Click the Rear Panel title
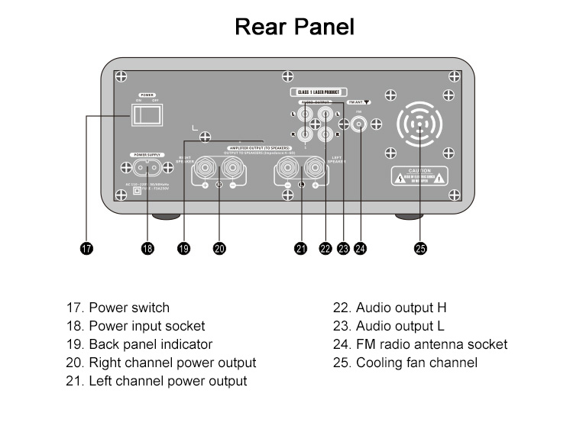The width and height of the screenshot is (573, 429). point(294,27)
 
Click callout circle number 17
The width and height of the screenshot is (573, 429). point(86,248)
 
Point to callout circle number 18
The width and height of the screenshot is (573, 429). point(147,248)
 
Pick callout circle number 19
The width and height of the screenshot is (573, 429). point(183,248)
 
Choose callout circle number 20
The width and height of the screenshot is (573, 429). point(219,248)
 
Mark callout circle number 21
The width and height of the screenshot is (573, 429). point(301,248)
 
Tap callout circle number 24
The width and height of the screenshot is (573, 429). point(360,248)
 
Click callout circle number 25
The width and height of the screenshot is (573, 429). point(419,248)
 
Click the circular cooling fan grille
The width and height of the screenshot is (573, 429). point(420,124)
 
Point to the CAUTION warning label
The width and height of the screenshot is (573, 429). point(420,175)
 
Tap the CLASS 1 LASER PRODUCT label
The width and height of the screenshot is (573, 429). point(318,92)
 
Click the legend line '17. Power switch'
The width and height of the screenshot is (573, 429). point(118,308)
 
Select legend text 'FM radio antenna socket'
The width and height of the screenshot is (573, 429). point(431,344)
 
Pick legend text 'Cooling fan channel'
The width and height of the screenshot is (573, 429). point(416,363)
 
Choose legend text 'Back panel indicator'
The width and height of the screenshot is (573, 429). point(151,344)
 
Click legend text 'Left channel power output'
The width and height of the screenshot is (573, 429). point(167,380)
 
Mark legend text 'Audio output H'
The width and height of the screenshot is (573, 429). point(400,308)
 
